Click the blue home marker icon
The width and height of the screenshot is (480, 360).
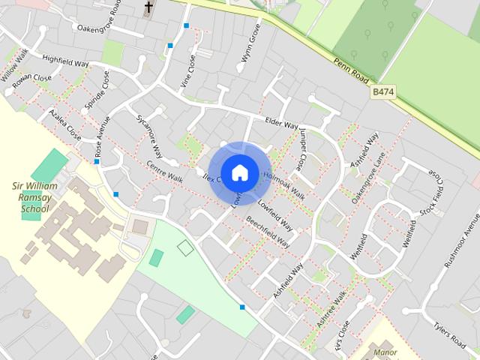(239, 172)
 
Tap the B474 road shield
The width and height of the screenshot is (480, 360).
(382, 90)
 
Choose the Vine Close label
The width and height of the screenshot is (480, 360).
(187, 71)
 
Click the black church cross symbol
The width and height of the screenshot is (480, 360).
(148, 8)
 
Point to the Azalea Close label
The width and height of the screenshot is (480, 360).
(64, 124)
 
